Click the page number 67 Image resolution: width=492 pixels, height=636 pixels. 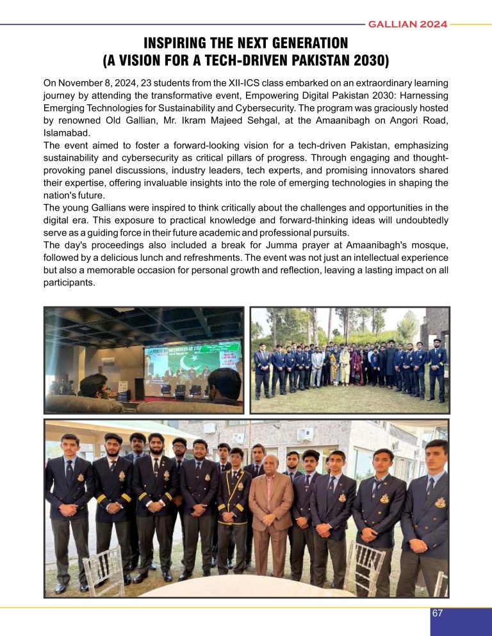(x=438, y=613)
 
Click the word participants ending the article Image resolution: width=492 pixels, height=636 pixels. (x=69, y=283)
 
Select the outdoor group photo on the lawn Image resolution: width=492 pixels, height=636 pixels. (x=349, y=360)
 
